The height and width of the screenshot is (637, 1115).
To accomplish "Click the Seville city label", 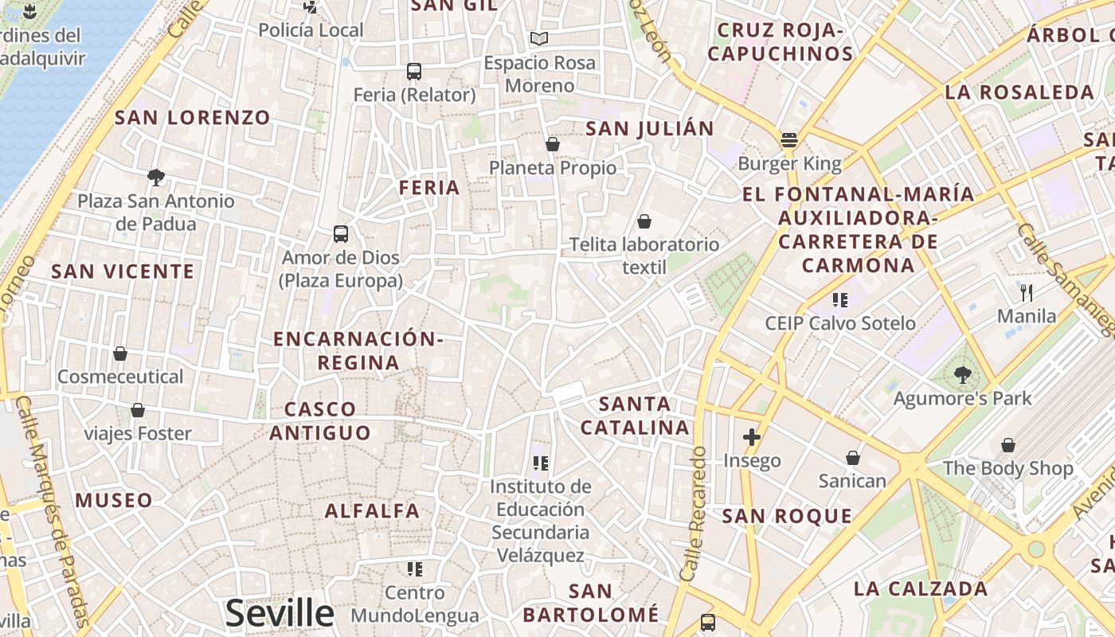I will (x=280, y=613).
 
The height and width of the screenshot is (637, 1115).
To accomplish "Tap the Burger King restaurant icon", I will (x=789, y=140).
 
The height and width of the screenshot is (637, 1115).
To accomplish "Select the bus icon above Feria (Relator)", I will (x=413, y=72).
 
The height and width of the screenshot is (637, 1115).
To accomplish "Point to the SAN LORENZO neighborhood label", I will (x=193, y=118).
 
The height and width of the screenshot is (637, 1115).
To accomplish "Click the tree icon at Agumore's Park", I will (x=962, y=374).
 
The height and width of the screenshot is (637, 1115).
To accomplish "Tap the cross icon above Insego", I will (x=751, y=436).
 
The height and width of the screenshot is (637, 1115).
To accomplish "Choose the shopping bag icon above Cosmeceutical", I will (x=120, y=353).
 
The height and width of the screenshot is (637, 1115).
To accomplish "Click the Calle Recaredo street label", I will (x=694, y=514).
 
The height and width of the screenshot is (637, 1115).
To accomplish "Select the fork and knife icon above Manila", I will (x=1027, y=292).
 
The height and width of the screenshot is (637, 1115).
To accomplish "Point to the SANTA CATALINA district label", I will (x=635, y=416).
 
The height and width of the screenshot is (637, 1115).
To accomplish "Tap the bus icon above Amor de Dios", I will (x=341, y=234).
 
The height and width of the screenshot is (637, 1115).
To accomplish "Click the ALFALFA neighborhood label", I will (x=372, y=510).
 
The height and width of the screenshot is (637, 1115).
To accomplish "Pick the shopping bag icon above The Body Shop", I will (x=1007, y=444).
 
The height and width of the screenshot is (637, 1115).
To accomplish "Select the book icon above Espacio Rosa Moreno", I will (x=539, y=38).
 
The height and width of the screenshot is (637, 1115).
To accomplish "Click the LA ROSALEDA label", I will (x=1019, y=92).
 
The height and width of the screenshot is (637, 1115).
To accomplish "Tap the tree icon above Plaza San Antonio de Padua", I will (x=156, y=177).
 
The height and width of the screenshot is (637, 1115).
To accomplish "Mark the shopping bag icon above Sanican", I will (x=852, y=458).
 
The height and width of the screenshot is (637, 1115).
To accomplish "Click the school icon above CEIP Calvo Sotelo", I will (x=839, y=300).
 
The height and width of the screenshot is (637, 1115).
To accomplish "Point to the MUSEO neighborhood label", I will (x=114, y=501).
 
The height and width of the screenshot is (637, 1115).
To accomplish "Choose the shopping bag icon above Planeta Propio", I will (x=552, y=144).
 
